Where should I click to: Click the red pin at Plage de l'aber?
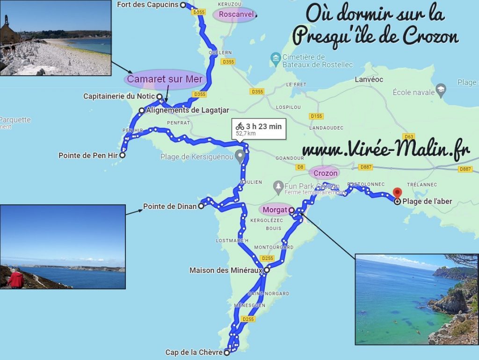click(398, 193)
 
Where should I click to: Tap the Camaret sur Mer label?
click(165, 79)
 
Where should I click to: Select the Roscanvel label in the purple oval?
click(236, 14)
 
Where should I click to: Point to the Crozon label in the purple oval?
click(326, 173)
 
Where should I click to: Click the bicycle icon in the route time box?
click(240, 126)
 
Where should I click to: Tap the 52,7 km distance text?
click(245, 133)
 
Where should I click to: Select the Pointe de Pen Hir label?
click(88, 155)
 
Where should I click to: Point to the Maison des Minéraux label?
click(225, 270)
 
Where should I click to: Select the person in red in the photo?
click(16, 279)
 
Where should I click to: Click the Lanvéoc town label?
click(369, 79)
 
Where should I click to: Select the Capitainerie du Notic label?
click(119, 96)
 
